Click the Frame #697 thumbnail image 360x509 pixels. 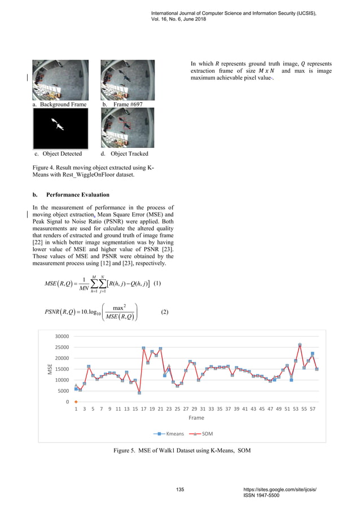coord(127,80)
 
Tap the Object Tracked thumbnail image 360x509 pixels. coord(127,128)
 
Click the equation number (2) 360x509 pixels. coord(165,312)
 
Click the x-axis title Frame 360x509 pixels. coord(196,418)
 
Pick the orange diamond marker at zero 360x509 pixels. coord(76,402)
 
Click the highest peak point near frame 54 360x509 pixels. coord(300,345)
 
